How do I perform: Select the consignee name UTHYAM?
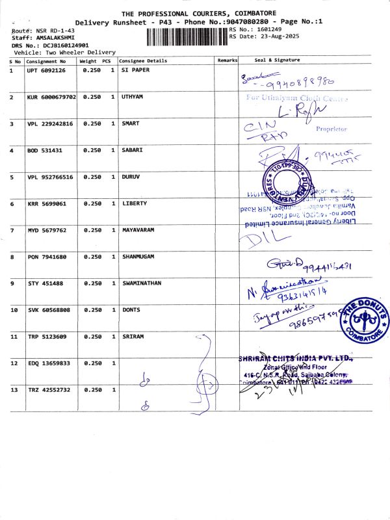(x=135, y=97)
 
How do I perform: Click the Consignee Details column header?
(x=144, y=60)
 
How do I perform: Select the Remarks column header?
(x=227, y=60)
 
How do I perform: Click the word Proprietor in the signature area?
(x=331, y=129)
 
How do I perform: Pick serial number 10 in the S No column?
(x=13, y=310)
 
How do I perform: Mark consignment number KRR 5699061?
(x=45, y=203)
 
